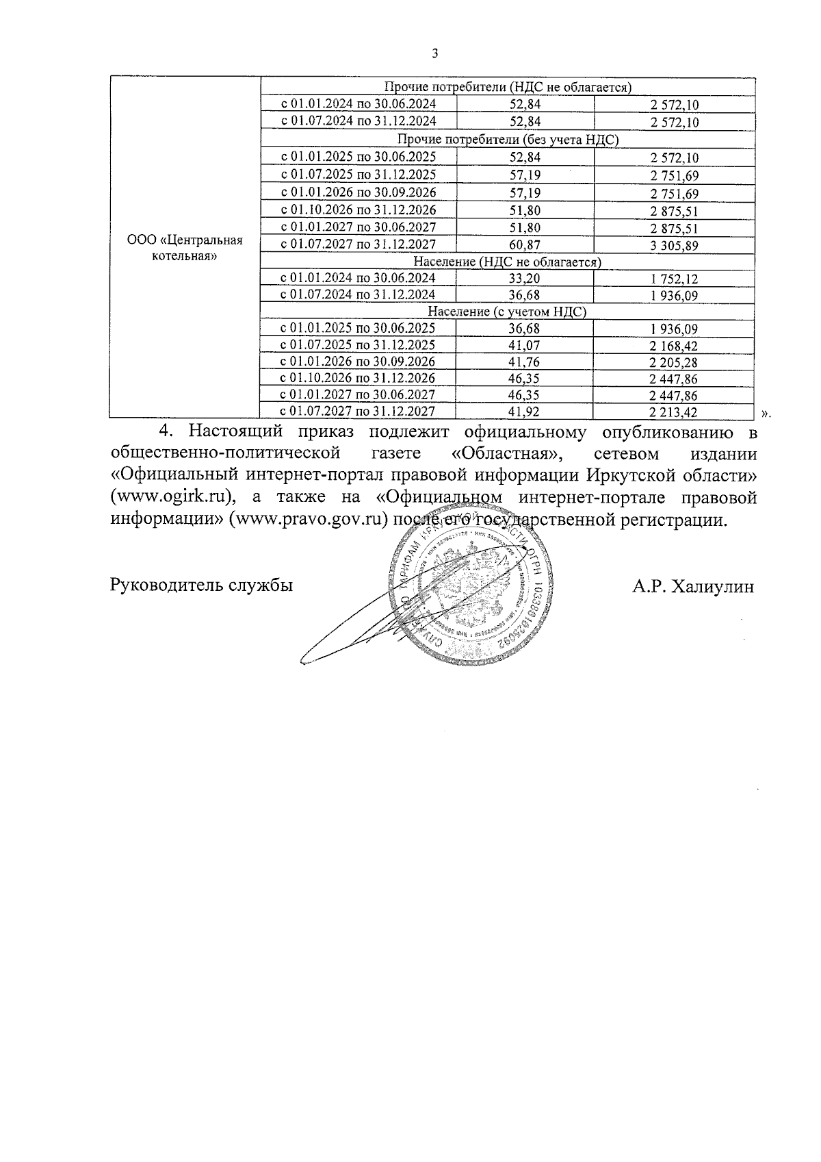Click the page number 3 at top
434,55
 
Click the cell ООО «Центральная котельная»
185,249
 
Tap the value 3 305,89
674,245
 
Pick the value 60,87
525,244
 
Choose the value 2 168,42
674,345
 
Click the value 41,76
525,362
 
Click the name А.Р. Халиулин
693,586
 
